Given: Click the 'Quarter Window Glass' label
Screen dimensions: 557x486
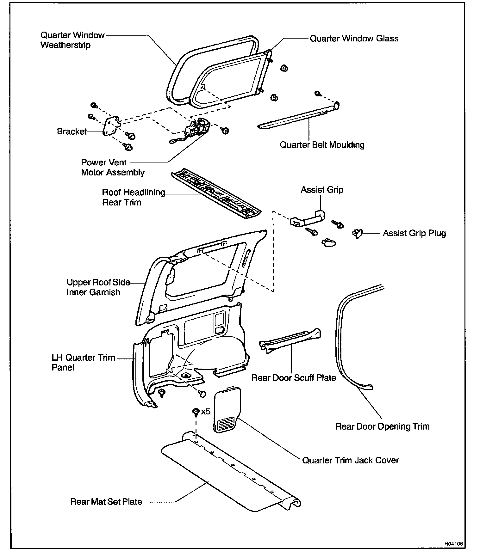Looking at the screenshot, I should [x=354, y=39].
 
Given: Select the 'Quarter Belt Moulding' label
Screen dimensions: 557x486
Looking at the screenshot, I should [x=322, y=145].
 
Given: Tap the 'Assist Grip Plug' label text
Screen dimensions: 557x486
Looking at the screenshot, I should [x=414, y=233].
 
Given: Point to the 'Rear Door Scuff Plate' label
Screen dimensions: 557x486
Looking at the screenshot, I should [x=293, y=378].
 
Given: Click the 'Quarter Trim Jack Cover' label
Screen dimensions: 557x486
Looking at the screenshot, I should [x=350, y=460].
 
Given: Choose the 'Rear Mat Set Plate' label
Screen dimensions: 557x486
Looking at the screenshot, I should [x=106, y=502].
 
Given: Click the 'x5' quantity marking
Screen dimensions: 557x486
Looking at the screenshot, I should [x=206, y=412].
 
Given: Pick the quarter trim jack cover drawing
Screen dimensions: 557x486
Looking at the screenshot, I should [x=226, y=409].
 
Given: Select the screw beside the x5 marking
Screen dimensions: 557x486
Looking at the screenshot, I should [x=196, y=412].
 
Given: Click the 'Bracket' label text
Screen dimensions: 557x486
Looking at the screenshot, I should [x=72, y=132].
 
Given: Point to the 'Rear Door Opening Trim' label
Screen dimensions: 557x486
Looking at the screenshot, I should [x=382, y=426].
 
